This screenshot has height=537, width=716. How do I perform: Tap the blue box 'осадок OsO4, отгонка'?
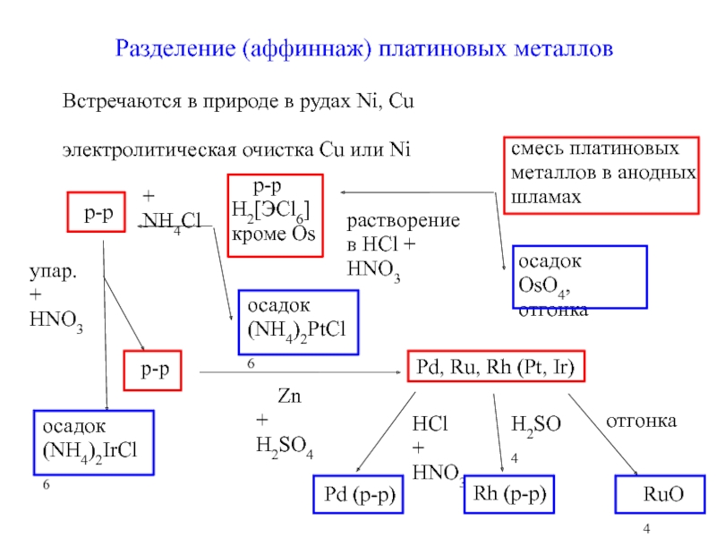(x=578, y=277)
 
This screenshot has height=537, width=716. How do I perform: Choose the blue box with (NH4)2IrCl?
(x=93, y=442)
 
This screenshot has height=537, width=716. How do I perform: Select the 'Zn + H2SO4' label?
(x=285, y=422)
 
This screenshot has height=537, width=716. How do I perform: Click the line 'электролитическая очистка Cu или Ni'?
(x=235, y=148)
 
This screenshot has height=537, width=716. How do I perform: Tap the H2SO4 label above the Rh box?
(x=535, y=434)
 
